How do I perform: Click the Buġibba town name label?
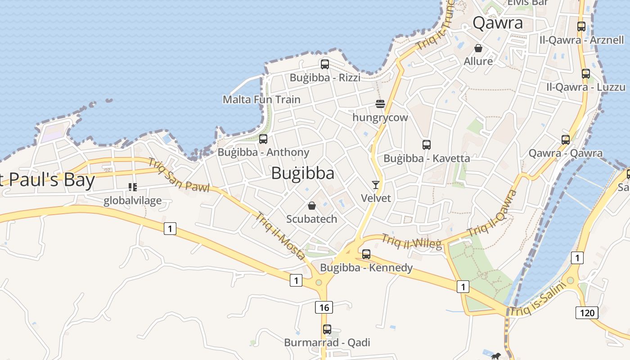pos(302,173)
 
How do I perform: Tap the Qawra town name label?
pos(498,23)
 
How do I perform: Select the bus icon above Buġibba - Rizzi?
pos(325,64)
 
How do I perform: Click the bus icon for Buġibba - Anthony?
pos(263,139)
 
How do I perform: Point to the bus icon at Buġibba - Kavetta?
pos(427,145)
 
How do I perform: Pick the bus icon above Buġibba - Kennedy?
pos(366,254)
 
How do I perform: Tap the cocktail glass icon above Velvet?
pos(376,184)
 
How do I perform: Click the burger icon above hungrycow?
pos(380,104)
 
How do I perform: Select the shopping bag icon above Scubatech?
pos(312,206)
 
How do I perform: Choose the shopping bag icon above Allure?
pos(478,48)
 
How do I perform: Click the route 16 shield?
pos(324,308)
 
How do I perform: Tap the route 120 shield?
pos(587,313)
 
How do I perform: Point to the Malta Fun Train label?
pos(261,99)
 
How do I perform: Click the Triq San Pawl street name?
pos(179,175)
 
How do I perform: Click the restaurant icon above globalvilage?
pos(132,187)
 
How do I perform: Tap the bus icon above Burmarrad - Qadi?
pos(327,329)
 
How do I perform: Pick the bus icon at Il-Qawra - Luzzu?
pos(585,74)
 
